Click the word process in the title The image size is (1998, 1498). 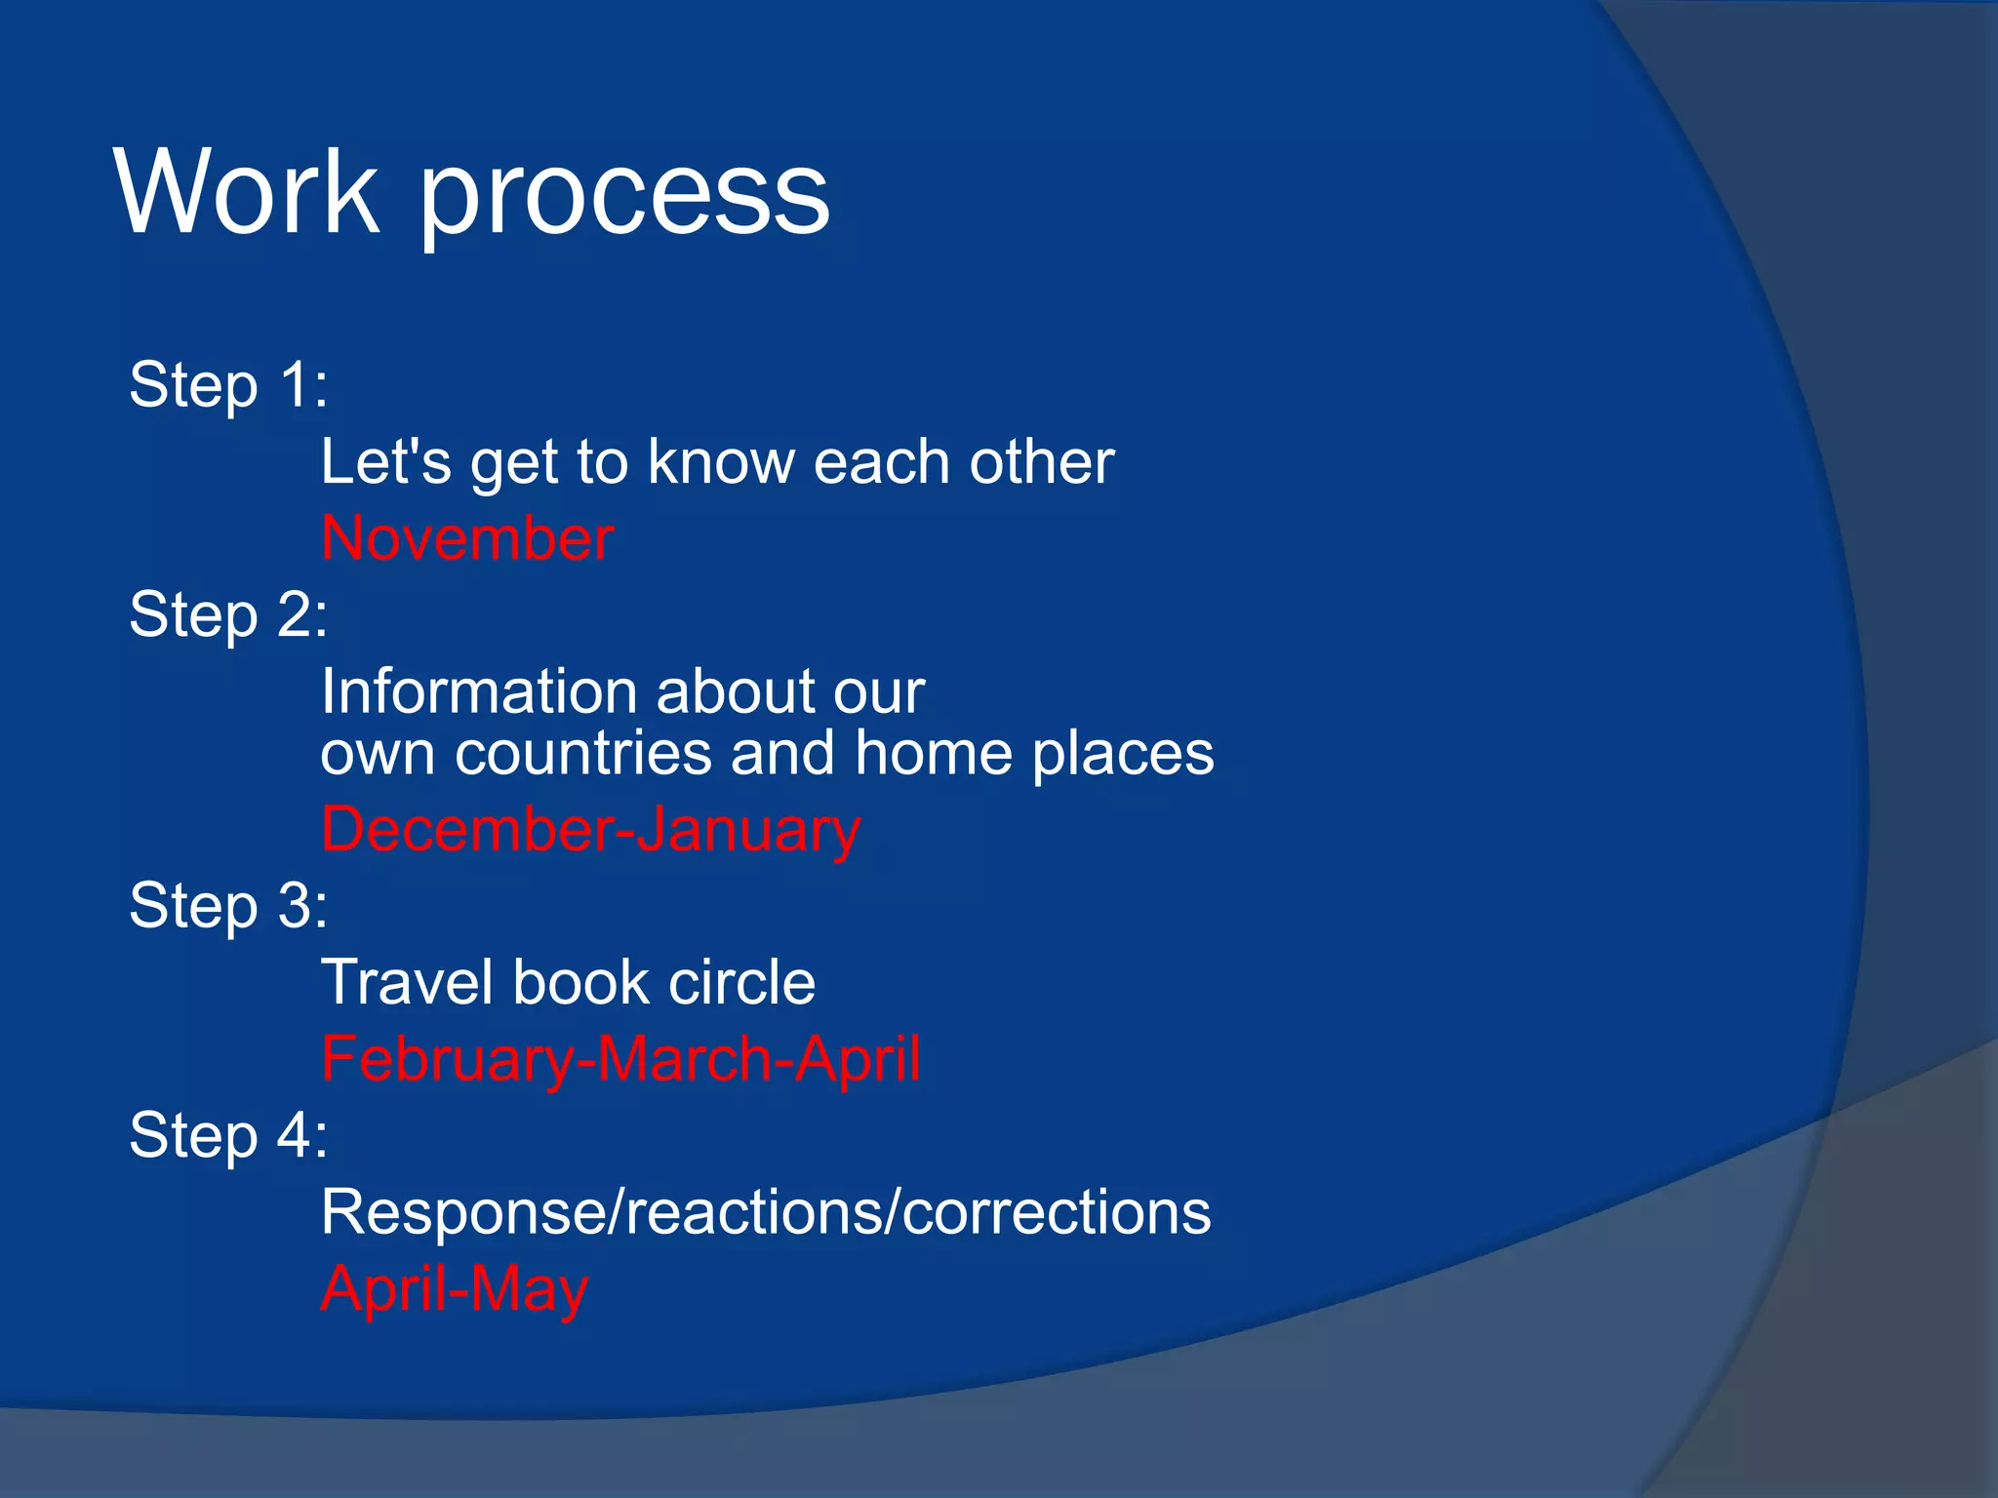(624, 195)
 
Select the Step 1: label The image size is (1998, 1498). (228, 385)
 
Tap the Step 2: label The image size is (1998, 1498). (228, 615)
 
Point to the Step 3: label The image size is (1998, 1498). (228, 906)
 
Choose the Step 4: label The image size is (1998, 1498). (228, 1136)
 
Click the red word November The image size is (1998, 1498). (467, 538)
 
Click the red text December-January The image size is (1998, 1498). (590, 830)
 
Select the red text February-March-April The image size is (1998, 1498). (620, 1060)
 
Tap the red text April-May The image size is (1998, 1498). (455, 1289)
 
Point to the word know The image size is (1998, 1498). (721, 461)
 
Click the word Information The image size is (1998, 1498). (479, 691)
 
